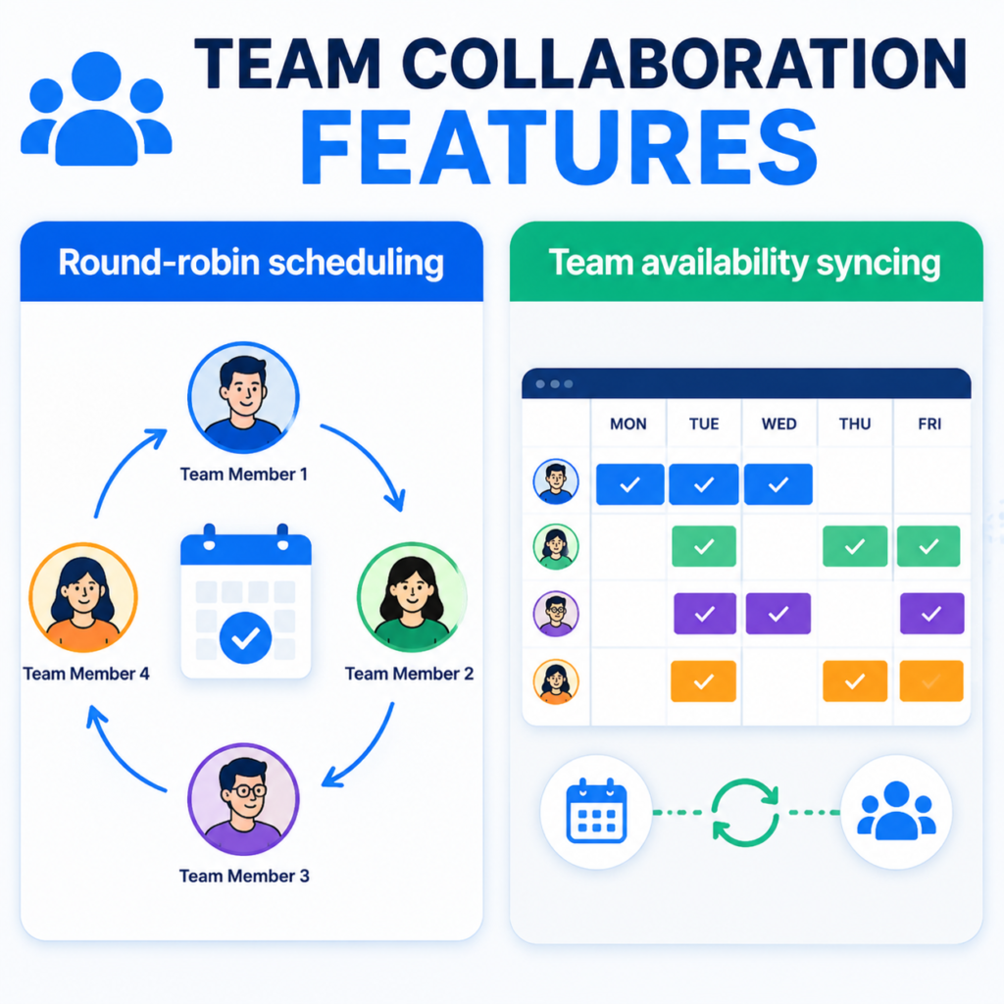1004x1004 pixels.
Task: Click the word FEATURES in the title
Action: pyautogui.click(x=558, y=147)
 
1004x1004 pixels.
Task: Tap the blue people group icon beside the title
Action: pyautogui.click(x=96, y=109)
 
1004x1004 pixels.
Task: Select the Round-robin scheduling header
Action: pyautogui.click(x=251, y=262)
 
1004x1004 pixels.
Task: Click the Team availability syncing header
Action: pyautogui.click(x=745, y=262)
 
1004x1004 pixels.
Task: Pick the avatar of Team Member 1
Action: pyautogui.click(x=243, y=397)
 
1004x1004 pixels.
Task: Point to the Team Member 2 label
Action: pyautogui.click(x=409, y=674)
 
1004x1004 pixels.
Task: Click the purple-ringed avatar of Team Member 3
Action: pyautogui.click(x=243, y=798)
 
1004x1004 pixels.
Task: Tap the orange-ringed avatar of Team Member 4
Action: pyautogui.click(x=83, y=597)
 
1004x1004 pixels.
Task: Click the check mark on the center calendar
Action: pyautogui.click(x=245, y=637)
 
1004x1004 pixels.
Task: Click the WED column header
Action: pyautogui.click(x=779, y=424)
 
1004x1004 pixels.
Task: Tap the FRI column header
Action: pyautogui.click(x=929, y=424)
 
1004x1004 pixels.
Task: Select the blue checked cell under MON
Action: pyautogui.click(x=630, y=484)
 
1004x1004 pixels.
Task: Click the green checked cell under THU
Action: pyautogui.click(x=855, y=546)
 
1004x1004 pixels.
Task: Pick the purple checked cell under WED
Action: pyautogui.click(x=778, y=614)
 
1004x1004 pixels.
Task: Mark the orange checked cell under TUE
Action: pyautogui.click(x=703, y=681)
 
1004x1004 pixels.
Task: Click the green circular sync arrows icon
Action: pyautogui.click(x=745, y=812)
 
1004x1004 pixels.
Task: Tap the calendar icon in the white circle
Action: pyautogui.click(x=597, y=811)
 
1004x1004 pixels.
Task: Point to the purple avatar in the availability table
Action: pyautogui.click(x=556, y=614)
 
